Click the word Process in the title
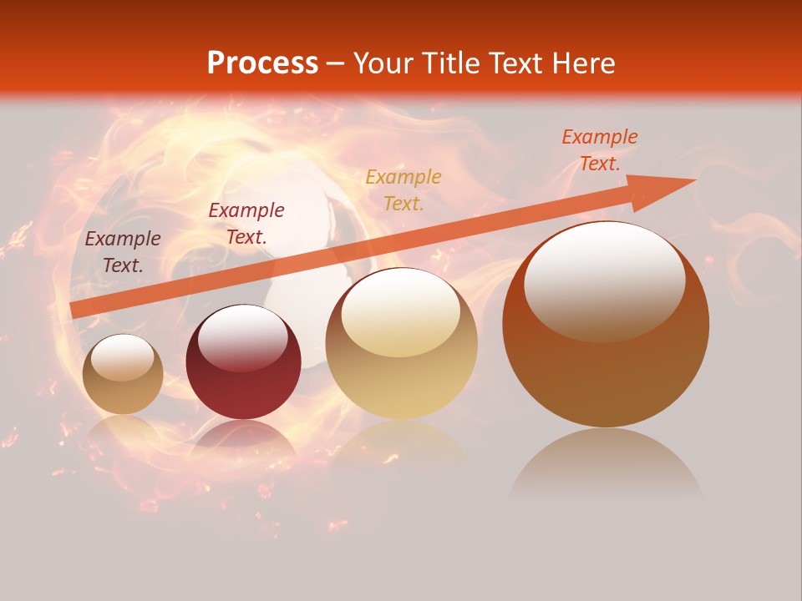click(x=262, y=63)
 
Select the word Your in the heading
click(x=383, y=63)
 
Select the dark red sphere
click(x=243, y=367)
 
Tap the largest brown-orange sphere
click(x=606, y=359)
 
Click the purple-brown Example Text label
click(x=123, y=252)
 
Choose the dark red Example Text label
click(x=246, y=224)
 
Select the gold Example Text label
click(x=404, y=189)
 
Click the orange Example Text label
click(x=599, y=150)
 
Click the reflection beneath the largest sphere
click(x=606, y=463)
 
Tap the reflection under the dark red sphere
click(x=243, y=438)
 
